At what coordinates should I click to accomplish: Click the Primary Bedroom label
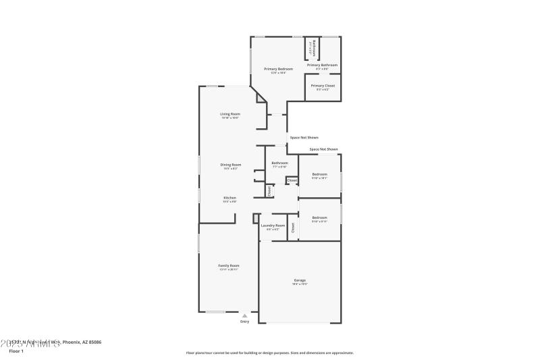click(x=278, y=69)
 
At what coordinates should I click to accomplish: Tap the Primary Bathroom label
click(x=322, y=65)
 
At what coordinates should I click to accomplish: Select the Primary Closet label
click(x=322, y=86)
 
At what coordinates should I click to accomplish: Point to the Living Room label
click(x=230, y=114)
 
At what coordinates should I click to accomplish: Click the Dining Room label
click(x=231, y=165)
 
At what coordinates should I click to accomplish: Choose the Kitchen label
click(x=230, y=198)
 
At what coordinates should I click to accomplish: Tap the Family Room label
click(x=229, y=265)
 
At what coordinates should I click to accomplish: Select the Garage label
click(x=300, y=280)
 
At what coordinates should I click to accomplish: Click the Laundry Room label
click(x=273, y=225)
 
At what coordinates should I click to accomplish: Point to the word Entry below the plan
click(x=244, y=322)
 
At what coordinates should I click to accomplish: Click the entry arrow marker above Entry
click(x=244, y=315)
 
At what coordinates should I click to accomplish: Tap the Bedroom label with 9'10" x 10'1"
click(x=319, y=174)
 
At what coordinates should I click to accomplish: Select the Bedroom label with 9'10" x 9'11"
click(x=319, y=217)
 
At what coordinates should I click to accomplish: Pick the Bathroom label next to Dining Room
click(x=279, y=163)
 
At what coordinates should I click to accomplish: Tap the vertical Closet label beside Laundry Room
click(x=292, y=228)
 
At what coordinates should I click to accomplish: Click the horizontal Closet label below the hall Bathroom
click(x=292, y=180)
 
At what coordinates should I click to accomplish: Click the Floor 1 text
click(x=16, y=351)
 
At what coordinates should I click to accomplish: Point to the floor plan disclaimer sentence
click(x=269, y=353)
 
